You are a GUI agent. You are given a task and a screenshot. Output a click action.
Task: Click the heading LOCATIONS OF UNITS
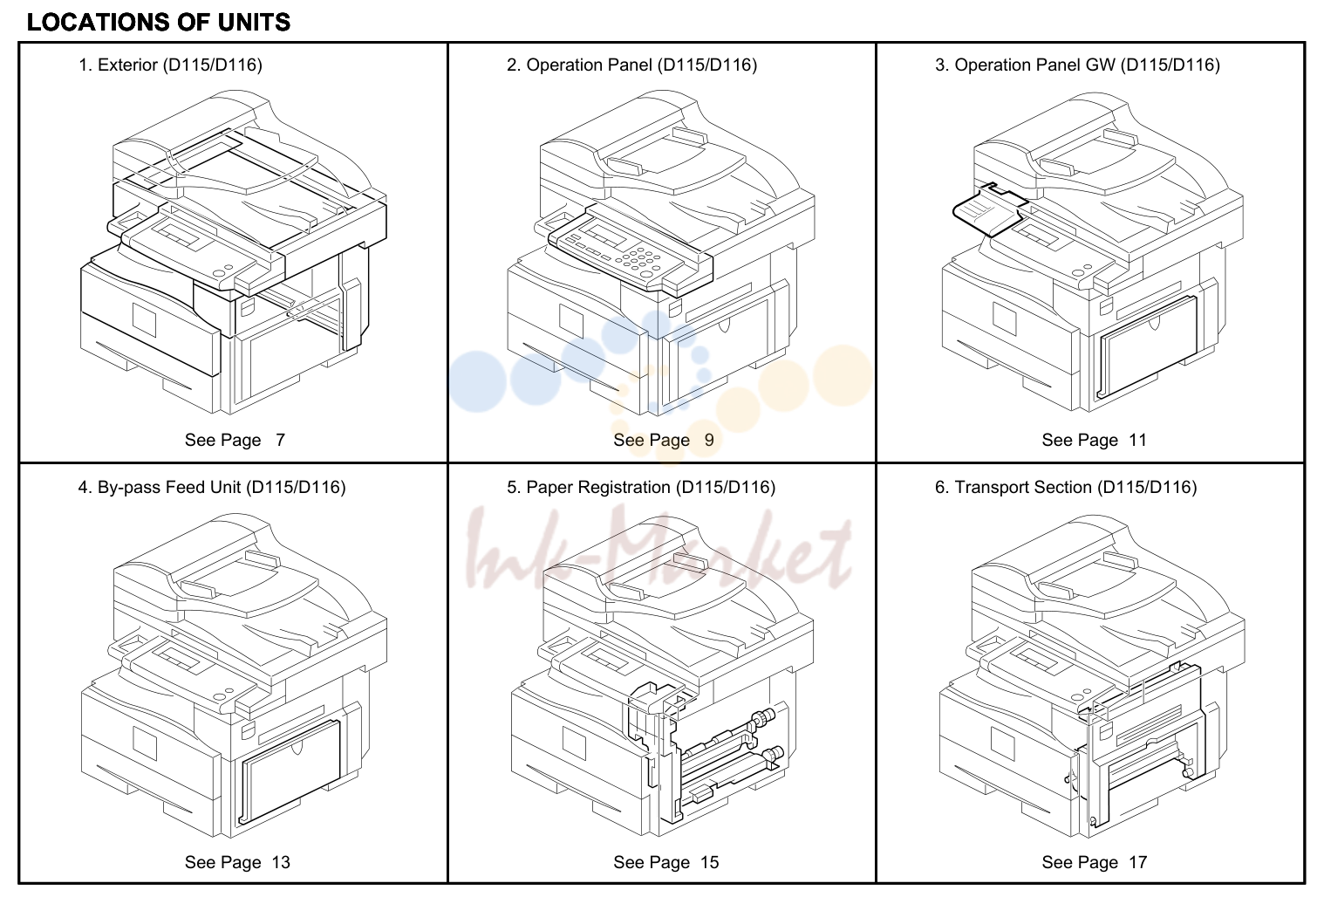pyautogui.click(x=159, y=23)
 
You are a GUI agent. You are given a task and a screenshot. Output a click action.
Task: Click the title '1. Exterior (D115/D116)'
pyautogui.click(x=170, y=65)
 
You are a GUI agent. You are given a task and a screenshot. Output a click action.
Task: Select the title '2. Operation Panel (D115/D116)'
pyautogui.click(x=631, y=65)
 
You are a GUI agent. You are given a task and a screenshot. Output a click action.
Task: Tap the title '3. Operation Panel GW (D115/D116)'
pyautogui.click(x=1077, y=65)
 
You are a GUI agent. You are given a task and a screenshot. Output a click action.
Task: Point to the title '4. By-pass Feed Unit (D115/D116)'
pyautogui.click(x=212, y=487)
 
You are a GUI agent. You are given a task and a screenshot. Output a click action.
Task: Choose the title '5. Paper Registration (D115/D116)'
pyautogui.click(x=641, y=487)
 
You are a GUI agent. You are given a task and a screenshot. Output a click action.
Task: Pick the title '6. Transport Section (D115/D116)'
pyautogui.click(x=1066, y=487)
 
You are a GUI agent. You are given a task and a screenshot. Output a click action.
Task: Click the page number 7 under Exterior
pyautogui.click(x=280, y=440)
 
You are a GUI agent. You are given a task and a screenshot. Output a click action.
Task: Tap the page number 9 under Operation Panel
pyautogui.click(x=709, y=440)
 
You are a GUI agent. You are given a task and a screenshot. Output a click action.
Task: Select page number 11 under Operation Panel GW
pyautogui.click(x=1138, y=440)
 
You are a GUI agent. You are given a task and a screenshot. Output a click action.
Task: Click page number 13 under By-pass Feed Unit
pyautogui.click(x=281, y=862)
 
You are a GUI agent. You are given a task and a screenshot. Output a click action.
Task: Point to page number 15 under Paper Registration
pyautogui.click(x=709, y=862)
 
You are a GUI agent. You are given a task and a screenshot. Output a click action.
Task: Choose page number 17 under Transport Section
pyautogui.click(x=1138, y=862)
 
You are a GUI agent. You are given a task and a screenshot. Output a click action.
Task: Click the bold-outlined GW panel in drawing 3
pyautogui.click(x=989, y=210)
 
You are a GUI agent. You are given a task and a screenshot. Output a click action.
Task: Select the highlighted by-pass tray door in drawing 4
pyautogui.click(x=290, y=772)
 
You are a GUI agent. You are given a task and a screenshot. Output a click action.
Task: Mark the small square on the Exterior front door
pyautogui.click(x=144, y=319)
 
